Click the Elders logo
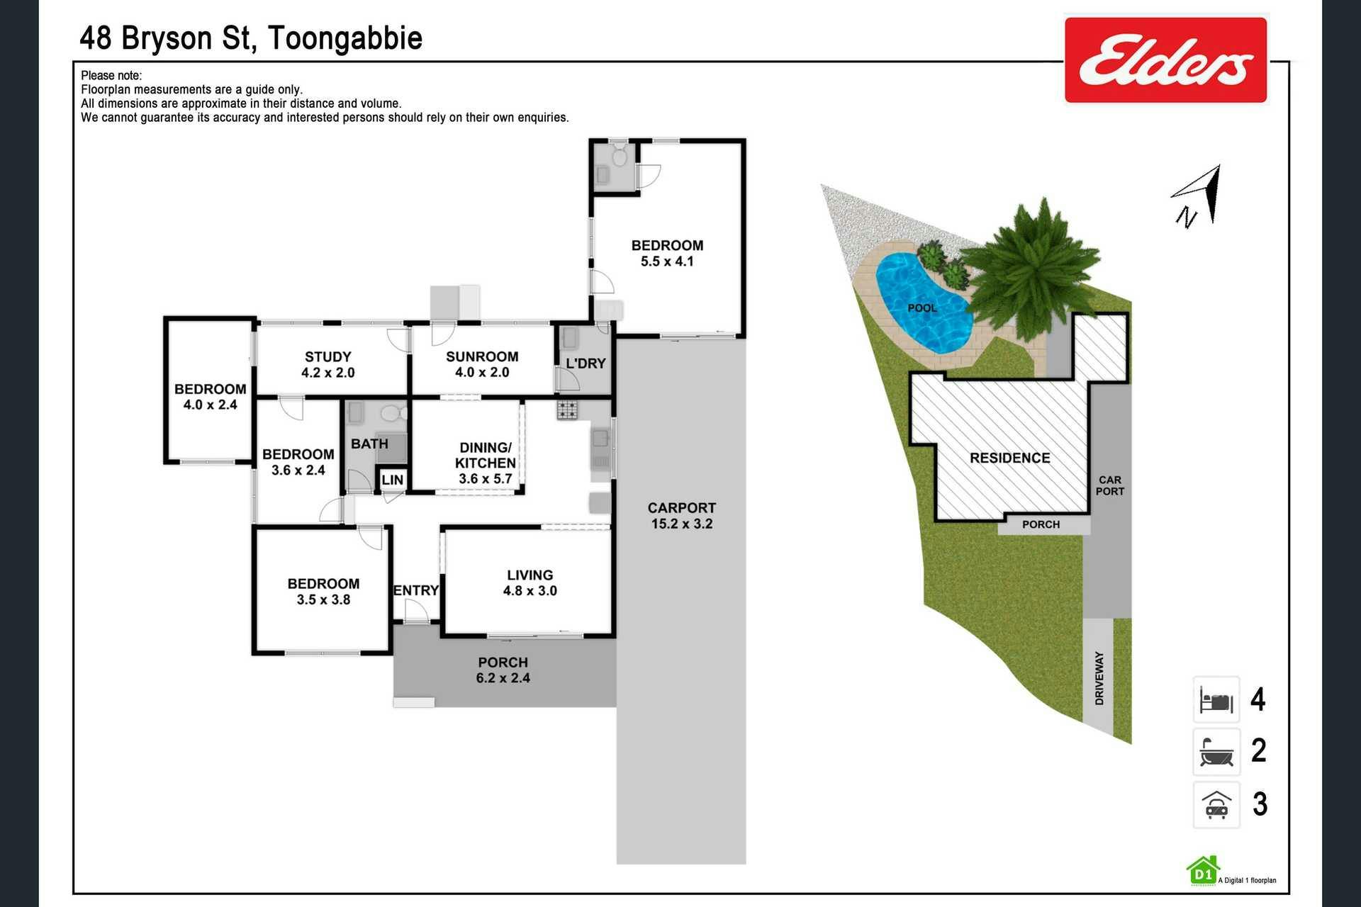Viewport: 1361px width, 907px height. [1165, 60]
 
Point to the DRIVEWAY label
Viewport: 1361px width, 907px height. [1099, 678]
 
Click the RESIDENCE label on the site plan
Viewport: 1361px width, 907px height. [1009, 458]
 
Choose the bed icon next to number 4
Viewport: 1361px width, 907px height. [1216, 700]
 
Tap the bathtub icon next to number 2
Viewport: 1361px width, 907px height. [1216, 752]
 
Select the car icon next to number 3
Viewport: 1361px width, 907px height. [1216, 805]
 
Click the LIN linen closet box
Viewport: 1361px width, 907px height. [392, 480]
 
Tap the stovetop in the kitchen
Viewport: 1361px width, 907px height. [567, 410]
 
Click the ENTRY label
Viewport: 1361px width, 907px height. [416, 590]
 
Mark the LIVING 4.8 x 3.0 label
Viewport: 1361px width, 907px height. [530, 582]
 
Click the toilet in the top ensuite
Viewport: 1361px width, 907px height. [620, 155]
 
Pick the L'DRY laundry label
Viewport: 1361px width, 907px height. [586, 364]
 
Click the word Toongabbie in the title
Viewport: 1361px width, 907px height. [345, 38]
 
